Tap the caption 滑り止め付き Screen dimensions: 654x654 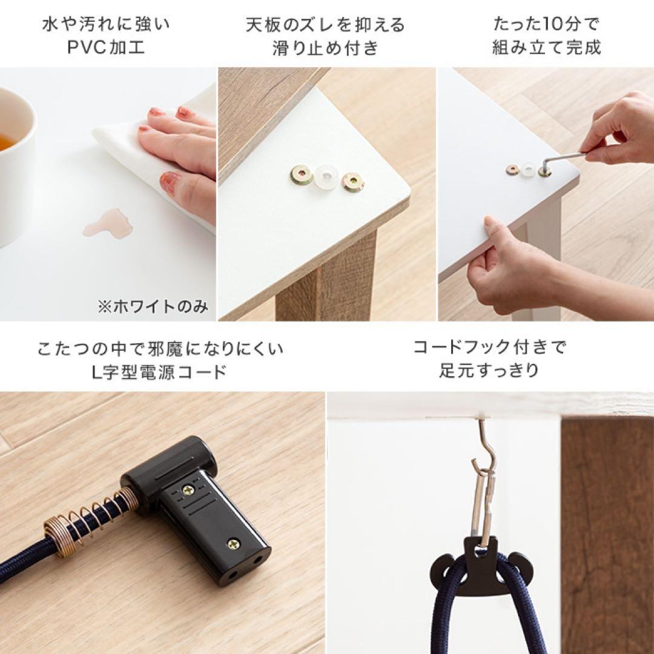pos(325,48)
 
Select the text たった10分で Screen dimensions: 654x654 pos(546,25)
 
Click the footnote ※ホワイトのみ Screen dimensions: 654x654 pos(153,306)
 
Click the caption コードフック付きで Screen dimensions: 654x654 pos(489,348)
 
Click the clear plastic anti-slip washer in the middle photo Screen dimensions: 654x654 pos(325,178)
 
